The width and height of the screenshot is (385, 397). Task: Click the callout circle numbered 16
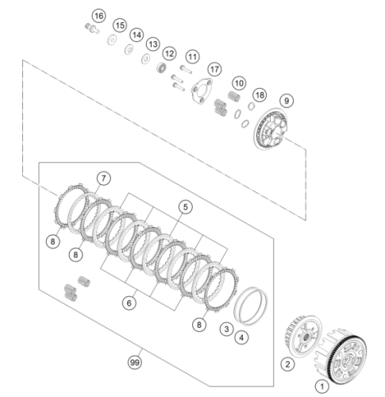click(x=98, y=16)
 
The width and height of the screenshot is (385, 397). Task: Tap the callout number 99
click(x=135, y=362)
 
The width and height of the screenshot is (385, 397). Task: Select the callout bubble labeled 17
click(x=214, y=69)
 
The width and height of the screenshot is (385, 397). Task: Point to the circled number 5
click(x=185, y=207)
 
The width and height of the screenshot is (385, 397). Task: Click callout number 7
click(x=103, y=178)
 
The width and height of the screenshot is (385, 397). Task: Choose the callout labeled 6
click(x=129, y=303)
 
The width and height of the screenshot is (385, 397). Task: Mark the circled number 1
click(x=322, y=387)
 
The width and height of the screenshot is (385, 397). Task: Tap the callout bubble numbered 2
click(x=287, y=364)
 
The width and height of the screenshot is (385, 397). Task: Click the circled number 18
click(x=260, y=95)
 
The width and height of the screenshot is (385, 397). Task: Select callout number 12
click(x=169, y=53)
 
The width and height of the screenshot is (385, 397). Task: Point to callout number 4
click(x=241, y=337)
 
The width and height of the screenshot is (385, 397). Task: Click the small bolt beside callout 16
click(x=92, y=29)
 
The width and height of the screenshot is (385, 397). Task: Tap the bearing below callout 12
click(x=161, y=67)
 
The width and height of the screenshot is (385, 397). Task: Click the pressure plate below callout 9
click(x=270, y=129)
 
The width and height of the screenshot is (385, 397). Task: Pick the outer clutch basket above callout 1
click(x=340, y=356)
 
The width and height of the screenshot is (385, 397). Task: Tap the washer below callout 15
click(x=113, y=40)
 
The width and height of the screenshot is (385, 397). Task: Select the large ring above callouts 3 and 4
click(x=250, y=306)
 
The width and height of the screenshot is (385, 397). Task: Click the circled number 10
click(x=239, y=83)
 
